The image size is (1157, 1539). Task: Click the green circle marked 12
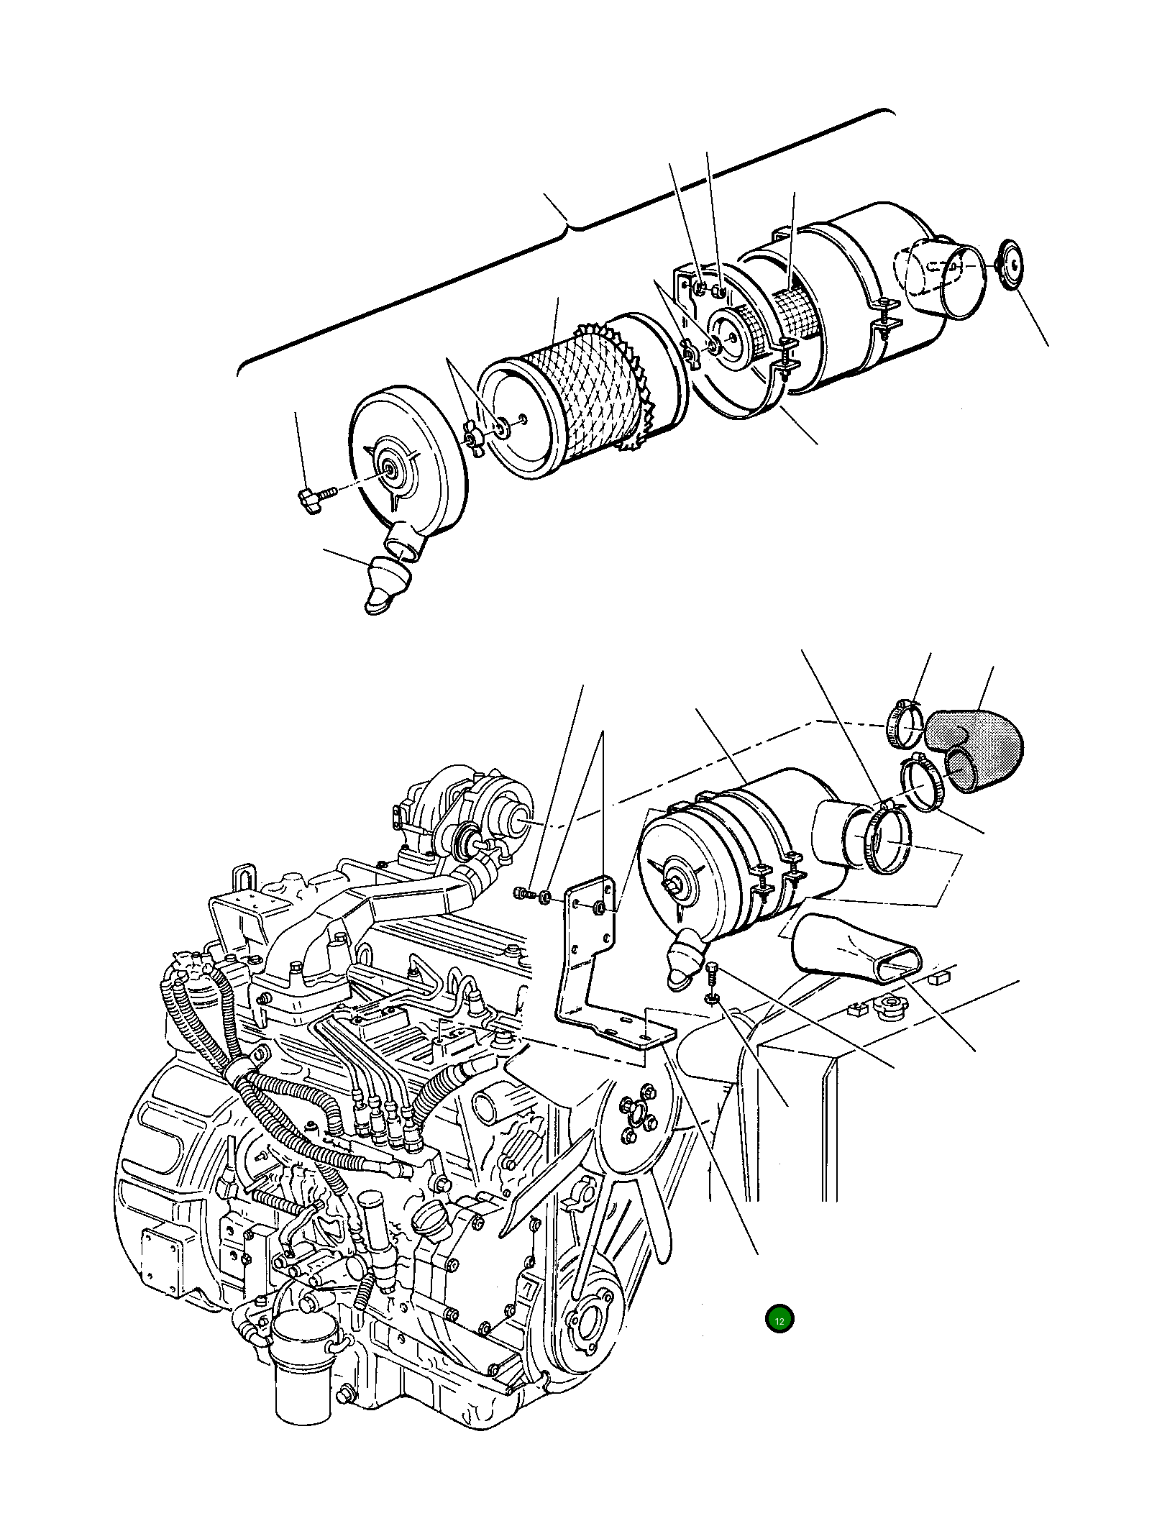(779, 1320)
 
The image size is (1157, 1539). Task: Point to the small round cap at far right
(1012, 266)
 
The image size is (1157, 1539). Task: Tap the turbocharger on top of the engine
(475, 813)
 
